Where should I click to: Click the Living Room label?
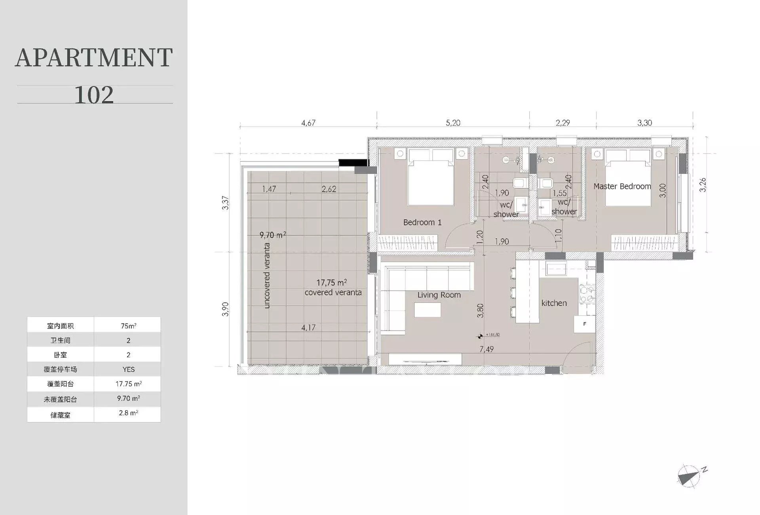(439, 295)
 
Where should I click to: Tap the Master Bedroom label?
(622, 186)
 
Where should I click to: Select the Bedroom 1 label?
(422, 222)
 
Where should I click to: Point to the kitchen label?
(554, 303)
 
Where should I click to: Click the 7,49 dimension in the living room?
(486, 349)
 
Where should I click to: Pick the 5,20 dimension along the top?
(453, 123)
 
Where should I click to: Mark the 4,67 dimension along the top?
(308, 123)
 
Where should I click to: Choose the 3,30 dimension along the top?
(644, 123)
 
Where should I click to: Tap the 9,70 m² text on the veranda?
(273, 235)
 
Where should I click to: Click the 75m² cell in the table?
(128, 326)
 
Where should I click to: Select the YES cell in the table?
(128, 369)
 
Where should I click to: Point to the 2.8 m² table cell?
(128, 413)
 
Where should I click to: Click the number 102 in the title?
(94, 95)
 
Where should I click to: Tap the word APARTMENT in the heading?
(94, 58)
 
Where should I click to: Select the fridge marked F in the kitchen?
(585, 324)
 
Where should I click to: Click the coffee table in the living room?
(427, 310)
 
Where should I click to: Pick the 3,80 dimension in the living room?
(480, 311)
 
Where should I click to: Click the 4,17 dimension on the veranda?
(308, 328)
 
